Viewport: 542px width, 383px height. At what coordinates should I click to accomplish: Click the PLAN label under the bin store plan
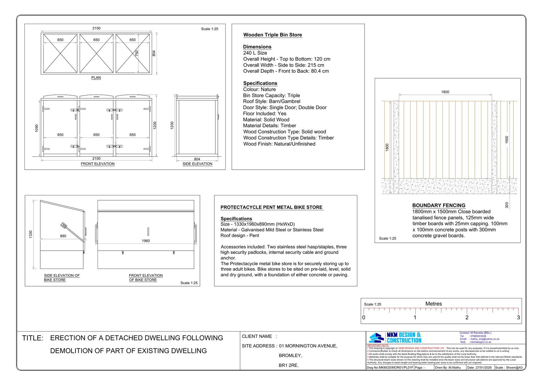pos(96,78)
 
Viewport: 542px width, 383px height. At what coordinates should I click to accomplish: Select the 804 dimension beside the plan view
pos(154,53)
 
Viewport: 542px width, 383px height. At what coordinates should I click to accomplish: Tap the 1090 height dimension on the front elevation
pos(37,128)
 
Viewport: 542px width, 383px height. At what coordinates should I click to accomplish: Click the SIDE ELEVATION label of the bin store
pos(197,164)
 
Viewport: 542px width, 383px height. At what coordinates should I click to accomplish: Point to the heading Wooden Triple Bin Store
pos(273,35)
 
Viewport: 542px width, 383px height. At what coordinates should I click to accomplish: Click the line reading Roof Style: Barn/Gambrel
pos(271,101)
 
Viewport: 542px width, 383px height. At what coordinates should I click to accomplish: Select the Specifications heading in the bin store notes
pos(260,83)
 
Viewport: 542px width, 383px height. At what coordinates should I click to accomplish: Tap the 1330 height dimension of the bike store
pos(31,234)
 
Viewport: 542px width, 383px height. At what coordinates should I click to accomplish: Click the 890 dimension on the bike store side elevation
pos(63,236)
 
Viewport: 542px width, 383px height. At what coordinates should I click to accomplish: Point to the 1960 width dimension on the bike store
pos(146,241)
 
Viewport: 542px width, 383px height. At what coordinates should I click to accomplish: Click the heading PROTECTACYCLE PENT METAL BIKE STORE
pos(271,207)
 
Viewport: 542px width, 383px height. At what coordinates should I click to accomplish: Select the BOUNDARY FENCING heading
pos(439,205)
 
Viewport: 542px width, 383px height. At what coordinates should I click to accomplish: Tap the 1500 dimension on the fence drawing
pos(507,140)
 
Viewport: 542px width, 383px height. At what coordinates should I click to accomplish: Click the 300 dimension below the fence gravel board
pos(507,205)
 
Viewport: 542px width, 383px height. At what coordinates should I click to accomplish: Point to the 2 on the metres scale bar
pos(467,317)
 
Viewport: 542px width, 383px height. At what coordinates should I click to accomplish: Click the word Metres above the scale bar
pos(434,304)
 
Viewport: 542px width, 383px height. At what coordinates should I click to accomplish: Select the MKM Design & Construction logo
pos(395,338)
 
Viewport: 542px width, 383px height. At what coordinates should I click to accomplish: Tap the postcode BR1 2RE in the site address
pos(289,365)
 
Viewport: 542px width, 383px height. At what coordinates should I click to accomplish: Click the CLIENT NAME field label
pos(257,336)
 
